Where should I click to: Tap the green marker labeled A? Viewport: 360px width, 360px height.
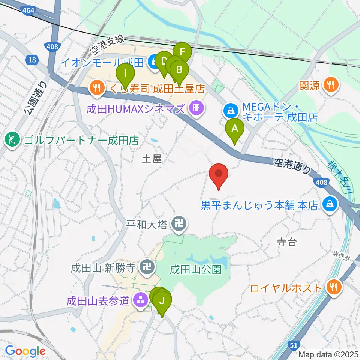click(235, 129)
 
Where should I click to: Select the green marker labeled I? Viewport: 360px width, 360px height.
click(126, 71)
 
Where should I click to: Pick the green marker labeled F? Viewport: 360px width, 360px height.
click(183, 51)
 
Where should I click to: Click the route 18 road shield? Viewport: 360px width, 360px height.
click(31, 60)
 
